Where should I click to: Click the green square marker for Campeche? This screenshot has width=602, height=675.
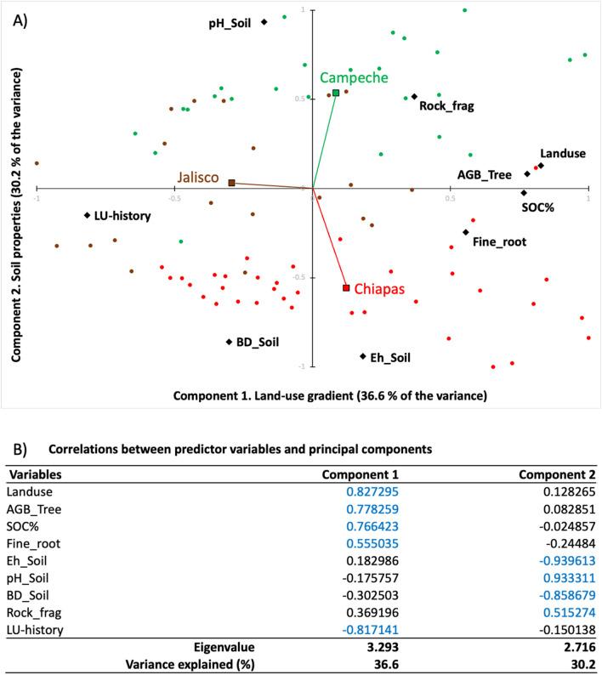[x=336, y=93]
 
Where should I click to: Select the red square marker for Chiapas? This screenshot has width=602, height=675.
[x=346, y=288]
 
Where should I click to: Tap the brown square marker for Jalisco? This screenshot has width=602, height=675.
[x=231, y=182]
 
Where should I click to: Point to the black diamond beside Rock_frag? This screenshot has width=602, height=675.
[x=414, y=97]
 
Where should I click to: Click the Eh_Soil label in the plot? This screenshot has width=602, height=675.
[x=390, y=359]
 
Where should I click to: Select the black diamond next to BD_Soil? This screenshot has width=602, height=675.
[x=229, y=342]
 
